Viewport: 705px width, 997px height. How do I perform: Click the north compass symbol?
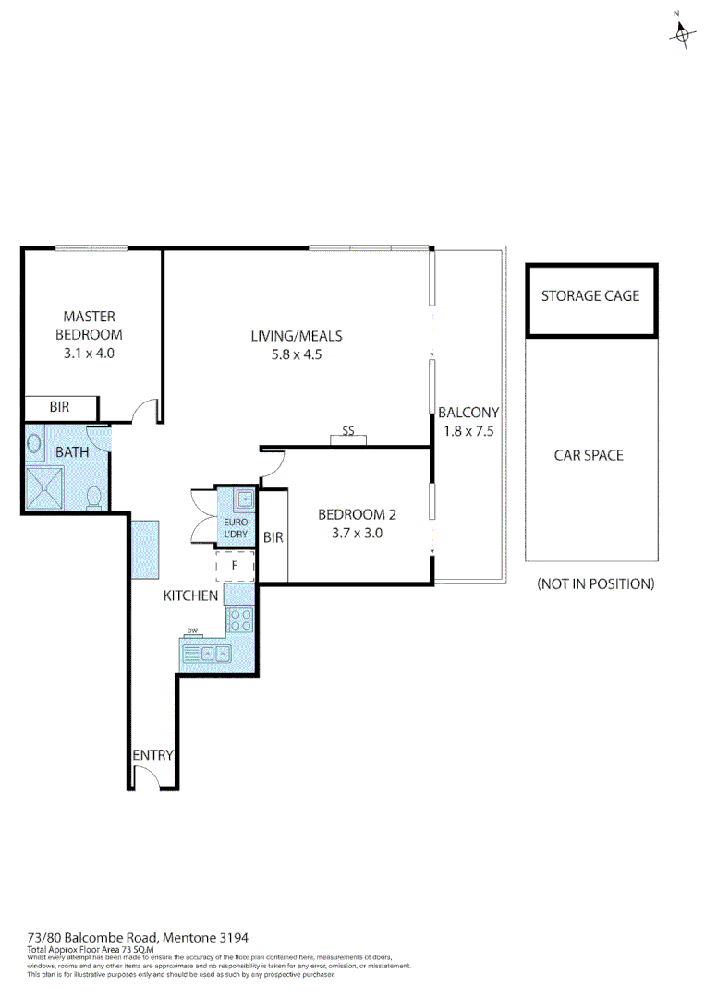682,31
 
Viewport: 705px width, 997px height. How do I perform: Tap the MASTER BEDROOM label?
89,326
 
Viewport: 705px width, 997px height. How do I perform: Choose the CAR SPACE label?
589,455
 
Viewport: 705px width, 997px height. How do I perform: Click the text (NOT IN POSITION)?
595,583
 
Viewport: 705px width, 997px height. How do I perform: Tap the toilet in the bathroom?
92,498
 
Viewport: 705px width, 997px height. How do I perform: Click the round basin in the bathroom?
34,444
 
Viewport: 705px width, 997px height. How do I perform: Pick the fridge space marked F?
235,564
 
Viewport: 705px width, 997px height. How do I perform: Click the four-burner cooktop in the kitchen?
240,619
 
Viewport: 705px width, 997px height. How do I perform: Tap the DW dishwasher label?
193,632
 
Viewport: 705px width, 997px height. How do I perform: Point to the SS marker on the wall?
348,431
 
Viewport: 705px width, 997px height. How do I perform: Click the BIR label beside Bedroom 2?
273,537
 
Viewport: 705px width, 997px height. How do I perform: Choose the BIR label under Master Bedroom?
59,407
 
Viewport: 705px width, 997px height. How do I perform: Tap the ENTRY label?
152,754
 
